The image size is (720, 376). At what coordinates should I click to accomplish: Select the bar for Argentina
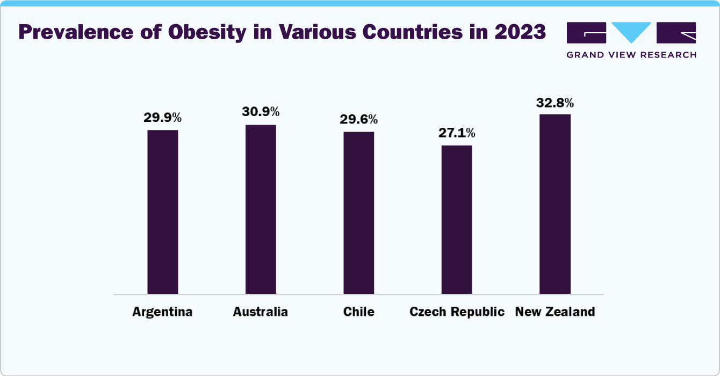[163, 212]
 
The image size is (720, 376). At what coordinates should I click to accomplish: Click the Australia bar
[261, 209]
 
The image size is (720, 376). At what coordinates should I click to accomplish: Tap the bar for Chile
[359, 213]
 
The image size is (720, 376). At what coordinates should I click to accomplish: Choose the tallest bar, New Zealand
[555, 204]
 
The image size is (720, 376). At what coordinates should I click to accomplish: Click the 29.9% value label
[163, 118]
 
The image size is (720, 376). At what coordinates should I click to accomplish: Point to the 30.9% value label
[261, 112]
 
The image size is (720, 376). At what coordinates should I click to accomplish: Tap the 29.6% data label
[359, 119]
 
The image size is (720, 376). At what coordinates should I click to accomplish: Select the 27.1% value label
[457, 133]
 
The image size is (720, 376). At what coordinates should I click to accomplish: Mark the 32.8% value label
[555, 102]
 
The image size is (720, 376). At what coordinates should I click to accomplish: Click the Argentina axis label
[162, 312]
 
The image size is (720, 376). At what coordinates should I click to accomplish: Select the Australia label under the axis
[261, 312]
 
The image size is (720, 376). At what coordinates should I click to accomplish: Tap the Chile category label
[359, 312]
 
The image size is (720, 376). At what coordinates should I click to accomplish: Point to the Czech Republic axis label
[457, 312]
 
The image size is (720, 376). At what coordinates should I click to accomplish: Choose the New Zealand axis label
[555, 312]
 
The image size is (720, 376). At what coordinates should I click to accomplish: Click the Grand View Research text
[631, 55]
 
